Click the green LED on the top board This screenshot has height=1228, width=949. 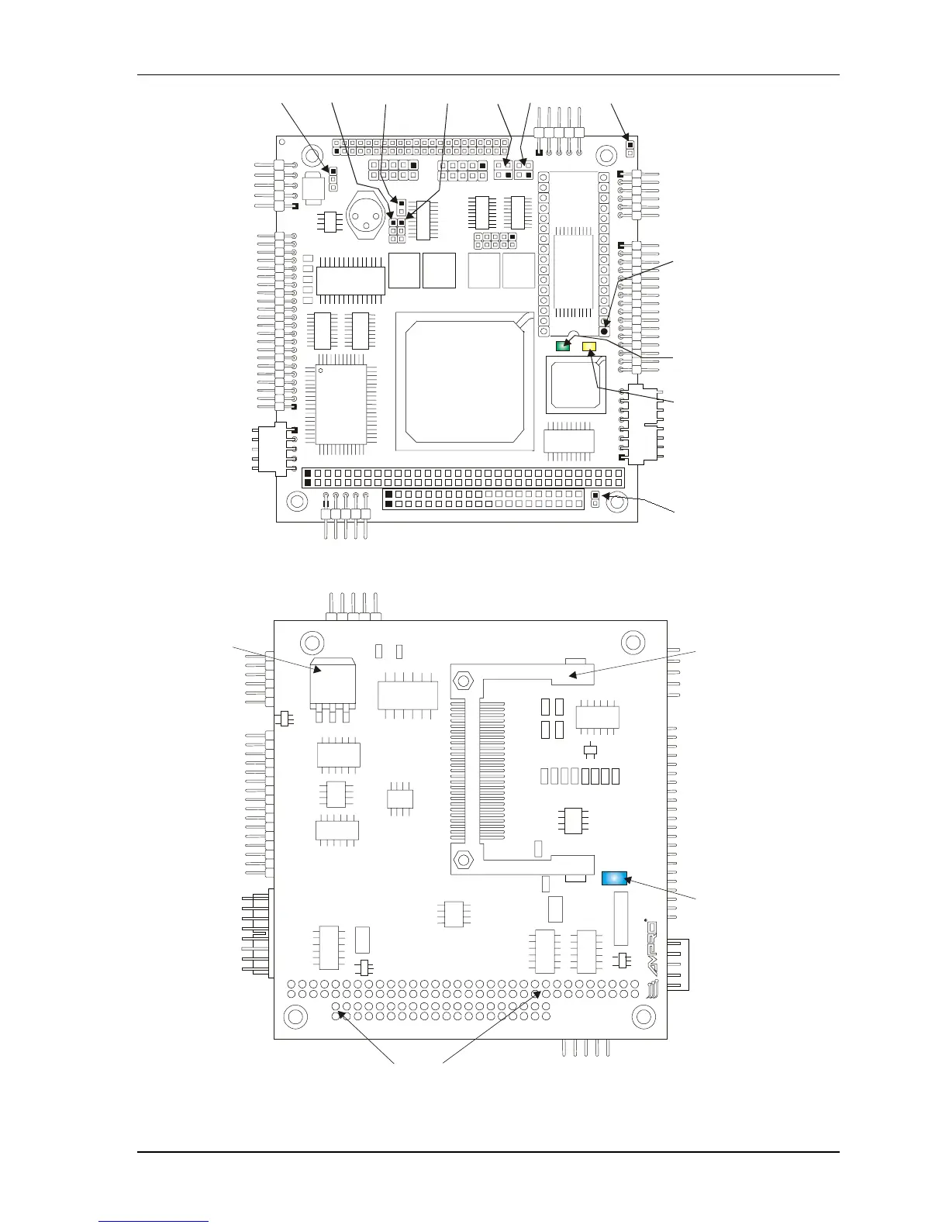click(563, 346)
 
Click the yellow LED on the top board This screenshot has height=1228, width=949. click(589, 347)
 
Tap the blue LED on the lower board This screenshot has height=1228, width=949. click(613, 878)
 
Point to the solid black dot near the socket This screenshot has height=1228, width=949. click(605, 331)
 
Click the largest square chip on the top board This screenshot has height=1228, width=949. click(464, 381)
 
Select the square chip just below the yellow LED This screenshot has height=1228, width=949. click(575, 384)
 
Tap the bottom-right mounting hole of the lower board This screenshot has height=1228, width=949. click(644, 1016)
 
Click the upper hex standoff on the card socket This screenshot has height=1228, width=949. click(463, 680)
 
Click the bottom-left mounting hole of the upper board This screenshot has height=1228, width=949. click(297, 501)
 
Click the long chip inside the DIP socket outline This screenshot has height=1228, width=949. click(575, 271)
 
